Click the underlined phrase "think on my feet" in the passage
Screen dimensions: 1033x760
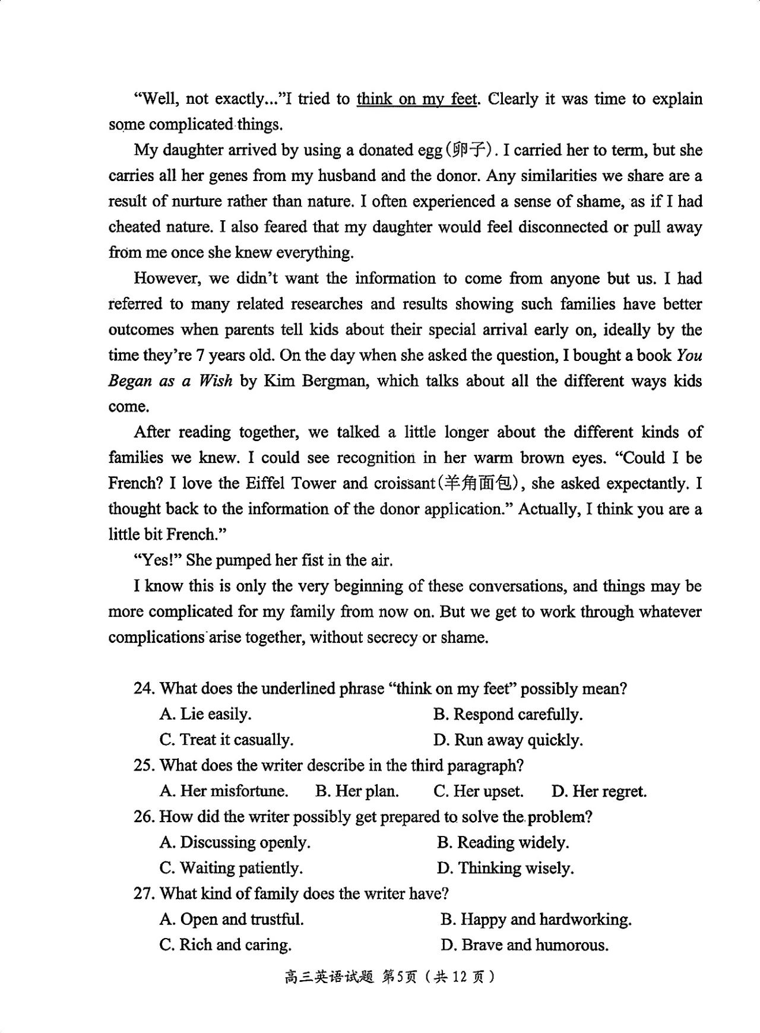(x=416, y=99)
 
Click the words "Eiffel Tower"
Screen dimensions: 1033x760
(x=291, y=483)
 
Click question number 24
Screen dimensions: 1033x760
(x=144, y=689)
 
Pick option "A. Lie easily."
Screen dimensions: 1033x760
(x=205, y=714)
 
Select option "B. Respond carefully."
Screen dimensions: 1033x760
(x=508, y=714)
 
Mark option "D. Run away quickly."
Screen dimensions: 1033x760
(x=508, y=740)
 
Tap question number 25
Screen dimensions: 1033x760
(x=144, y=765)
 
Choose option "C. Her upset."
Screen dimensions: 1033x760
(x=479, y=791)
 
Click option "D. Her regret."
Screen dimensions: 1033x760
(x=598, y=791)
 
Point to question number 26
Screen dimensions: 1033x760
(x=144, y=817)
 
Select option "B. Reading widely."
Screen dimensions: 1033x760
(x=503, y=842)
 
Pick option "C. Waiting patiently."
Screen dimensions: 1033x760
(x=231, y=868)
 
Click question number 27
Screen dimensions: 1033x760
(x=144, y=893)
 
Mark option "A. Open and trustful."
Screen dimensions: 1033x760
(x=232, y=920)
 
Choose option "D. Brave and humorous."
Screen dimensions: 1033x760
(x=524, y=945)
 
